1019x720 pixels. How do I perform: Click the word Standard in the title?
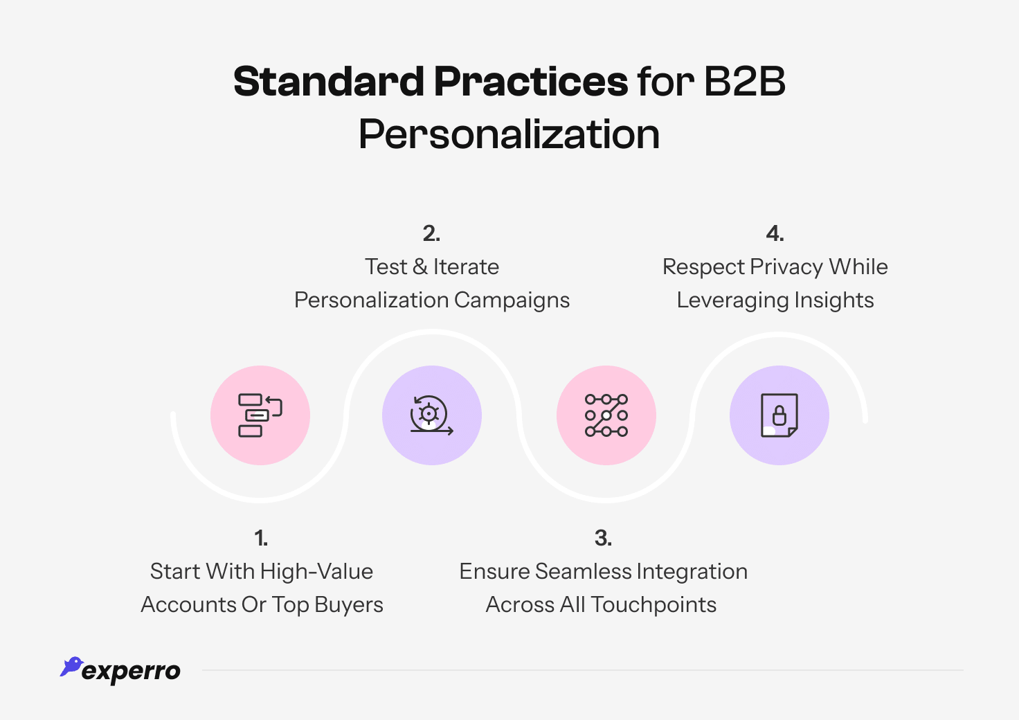tap(328, 82)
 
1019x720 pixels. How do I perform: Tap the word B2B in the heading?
tap(744, 82)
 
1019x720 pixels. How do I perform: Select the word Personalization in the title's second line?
tap(509, 134)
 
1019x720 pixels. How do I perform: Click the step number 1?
tap(261, 538)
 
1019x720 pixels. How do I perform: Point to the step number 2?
tap(431, 234)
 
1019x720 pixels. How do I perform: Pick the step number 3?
tap(603, 538)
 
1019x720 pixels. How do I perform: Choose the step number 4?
tap(775, 234)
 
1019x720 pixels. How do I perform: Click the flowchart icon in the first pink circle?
tap(260, 415)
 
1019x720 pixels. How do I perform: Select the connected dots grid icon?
tap(606, 415)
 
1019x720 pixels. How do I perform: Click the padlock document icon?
tap(779, 415)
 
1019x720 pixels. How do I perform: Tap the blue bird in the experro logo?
tap(71, 666)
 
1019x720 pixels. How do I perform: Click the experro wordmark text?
tap(131, 671)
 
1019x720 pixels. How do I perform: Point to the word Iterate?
tap(466, 267)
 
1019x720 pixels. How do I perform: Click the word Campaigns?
tap(512, 300)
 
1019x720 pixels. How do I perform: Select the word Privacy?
tap(786, 267)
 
